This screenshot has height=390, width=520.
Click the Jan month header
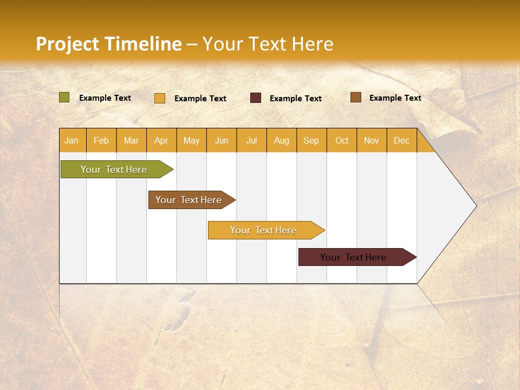click(x=72, y=140)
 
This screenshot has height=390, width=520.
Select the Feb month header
click(x=101, y=140)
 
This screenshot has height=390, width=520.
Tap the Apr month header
click(x=161, y=140)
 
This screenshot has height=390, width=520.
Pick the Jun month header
click(x=222, y=140)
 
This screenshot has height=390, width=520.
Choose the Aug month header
click(x=282, y=140)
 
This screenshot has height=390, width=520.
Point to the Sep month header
click(x=311, y=140)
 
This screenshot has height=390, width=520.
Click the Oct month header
click(x=342, y=140)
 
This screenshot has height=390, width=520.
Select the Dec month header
click(x=402, y=140)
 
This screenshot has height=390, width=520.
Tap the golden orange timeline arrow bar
click(x=264, y=230)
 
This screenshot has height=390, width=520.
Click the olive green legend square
click(x=64, y=97)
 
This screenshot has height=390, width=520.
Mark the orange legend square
click(x=160, y=98)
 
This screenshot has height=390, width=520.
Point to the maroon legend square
click(x=256, y=98)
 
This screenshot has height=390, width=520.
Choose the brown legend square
click(x=356, y=97)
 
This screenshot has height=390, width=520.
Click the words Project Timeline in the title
click(x=109, y=44)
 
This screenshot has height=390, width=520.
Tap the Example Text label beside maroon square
click(x=296, y=98)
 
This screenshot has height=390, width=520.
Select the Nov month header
click(x=372, y=140)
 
